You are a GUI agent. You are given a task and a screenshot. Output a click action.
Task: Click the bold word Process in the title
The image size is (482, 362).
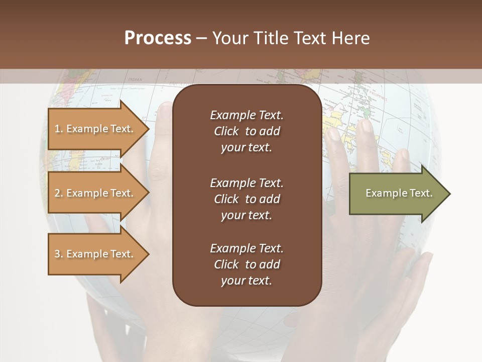(x=158, y=38)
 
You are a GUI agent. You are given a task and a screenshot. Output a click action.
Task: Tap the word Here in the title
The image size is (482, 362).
(x=350, y=38)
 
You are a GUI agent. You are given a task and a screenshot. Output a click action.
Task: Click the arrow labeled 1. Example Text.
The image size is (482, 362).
(x=95, y=129)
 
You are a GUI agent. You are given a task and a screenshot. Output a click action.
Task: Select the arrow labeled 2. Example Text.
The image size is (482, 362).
(x=95, y=193)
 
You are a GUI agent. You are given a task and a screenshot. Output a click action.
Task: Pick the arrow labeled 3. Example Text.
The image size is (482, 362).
(x=95, y=254)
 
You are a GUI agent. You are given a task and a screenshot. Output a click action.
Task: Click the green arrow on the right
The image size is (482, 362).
(x=397, y=193)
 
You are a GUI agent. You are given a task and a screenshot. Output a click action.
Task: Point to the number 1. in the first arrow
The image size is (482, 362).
(x=58, y=129)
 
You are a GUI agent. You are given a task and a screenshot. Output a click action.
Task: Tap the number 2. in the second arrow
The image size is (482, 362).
(x=59, y=193)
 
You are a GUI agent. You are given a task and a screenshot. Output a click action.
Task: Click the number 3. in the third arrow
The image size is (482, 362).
(x=59, y=254)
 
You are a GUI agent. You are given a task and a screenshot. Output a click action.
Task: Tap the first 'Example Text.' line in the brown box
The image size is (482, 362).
(x=247, y=115)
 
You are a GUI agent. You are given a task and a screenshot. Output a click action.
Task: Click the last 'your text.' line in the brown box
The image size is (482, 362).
(x=247, y=281)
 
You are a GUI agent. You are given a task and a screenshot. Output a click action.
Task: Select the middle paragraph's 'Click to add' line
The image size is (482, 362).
(x=247, y=199)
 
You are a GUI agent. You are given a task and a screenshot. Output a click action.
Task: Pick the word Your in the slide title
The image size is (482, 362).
(x=230, y=38)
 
